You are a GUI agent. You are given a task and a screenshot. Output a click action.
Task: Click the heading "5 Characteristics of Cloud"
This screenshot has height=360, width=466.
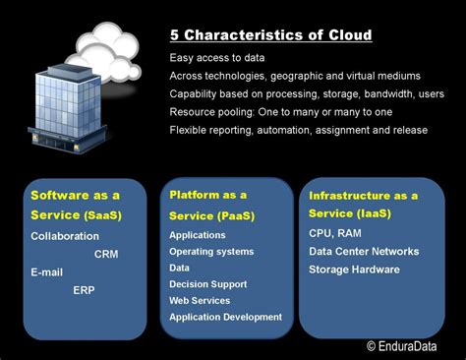click(269, 35)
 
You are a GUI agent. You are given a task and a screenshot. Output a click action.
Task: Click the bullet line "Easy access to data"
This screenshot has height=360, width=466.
click(218, 57)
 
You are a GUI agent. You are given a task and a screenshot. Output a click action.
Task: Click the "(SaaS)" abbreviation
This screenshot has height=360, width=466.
click(103, 214)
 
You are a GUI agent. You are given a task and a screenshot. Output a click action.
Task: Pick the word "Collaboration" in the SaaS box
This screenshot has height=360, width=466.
click(65, 236)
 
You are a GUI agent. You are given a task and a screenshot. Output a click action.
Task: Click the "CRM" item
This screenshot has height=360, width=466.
click(106, 254)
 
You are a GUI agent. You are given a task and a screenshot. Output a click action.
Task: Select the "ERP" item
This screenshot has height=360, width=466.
click(84, 290)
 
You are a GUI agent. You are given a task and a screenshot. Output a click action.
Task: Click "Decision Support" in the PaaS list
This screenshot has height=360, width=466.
click(208, 284)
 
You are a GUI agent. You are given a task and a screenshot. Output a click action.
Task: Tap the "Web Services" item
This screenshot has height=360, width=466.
click(201, 300)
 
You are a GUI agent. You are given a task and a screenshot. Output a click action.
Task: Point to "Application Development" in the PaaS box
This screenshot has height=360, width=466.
click(225, 317)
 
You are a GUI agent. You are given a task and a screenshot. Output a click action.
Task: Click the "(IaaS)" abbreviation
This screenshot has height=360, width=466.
click(373, 213)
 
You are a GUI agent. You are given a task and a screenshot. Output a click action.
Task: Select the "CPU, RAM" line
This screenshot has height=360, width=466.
click(334, 233)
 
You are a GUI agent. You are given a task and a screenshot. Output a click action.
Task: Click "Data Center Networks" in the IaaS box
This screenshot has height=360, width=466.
click(364, 251)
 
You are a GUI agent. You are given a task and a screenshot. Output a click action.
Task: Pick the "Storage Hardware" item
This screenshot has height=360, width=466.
click(354, 269)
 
